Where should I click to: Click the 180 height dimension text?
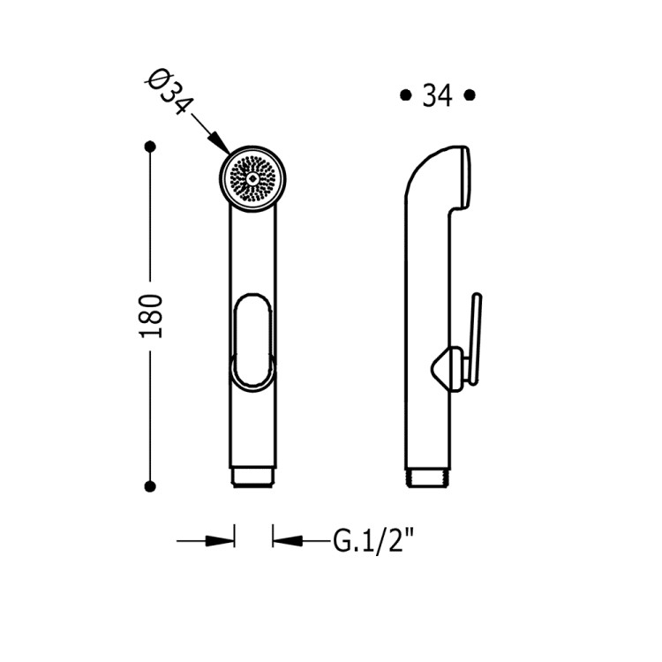click(151, 316)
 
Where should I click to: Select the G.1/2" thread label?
click(373, 540)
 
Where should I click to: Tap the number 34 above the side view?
click(438, 95)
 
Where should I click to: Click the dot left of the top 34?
click(406, 95)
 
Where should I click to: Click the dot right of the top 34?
click(470, 95)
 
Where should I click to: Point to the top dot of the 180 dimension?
click(150, 147)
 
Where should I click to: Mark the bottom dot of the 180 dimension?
click(150, 486)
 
